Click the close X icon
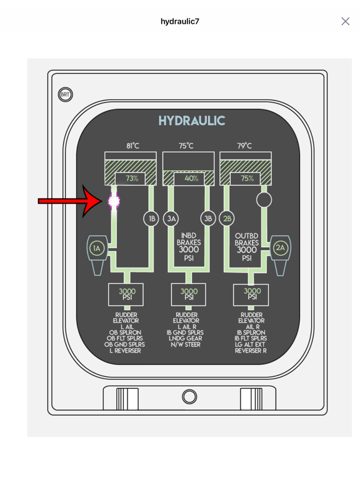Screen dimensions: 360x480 click(345, 21)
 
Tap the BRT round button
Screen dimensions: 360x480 click(65, 94)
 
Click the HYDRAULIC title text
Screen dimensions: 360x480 click(192, 121)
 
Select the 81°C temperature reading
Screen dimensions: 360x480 click(132, 146)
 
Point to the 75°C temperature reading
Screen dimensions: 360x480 click(186, 146)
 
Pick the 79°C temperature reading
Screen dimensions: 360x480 click(244, 146)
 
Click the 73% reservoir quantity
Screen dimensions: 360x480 click(132, 178)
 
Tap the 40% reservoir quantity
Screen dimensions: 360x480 click(191, 178)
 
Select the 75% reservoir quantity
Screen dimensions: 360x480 click(247, 178)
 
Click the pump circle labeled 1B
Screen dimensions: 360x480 click(151, 219)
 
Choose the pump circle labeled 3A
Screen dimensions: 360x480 click(171, 219)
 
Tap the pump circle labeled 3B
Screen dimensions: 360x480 click(208, 219)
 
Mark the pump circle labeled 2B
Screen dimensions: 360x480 click(227, 219)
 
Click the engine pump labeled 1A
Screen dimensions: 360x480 click(97, 255)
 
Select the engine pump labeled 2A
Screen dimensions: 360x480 click(280, 255)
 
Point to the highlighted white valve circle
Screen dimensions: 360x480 click(114, 201)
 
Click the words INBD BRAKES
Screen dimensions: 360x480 click(189, 239)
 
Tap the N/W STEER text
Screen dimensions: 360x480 click(186, 344)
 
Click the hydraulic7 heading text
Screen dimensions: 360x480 click(180, 21)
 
